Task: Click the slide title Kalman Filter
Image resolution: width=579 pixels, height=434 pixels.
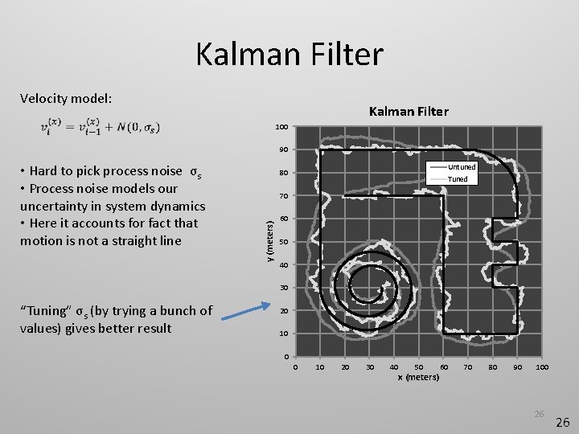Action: click(289, 55)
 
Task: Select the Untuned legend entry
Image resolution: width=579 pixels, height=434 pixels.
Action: click(462, 166)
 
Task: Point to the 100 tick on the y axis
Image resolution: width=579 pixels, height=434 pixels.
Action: click(281, 127)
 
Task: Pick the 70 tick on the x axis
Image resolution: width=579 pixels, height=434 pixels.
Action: click(468, 367)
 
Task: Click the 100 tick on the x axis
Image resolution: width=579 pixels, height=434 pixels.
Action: click(542, 367)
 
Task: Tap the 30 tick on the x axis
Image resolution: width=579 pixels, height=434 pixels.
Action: click(369, 367)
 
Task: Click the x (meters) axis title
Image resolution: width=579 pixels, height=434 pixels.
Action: click(418, 377)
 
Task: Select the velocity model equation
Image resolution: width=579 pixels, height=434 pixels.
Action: click(100, 128)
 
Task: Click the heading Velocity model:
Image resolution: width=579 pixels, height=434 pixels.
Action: click(65, 98)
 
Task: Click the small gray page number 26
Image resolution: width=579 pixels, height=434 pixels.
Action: click(539, 414)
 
